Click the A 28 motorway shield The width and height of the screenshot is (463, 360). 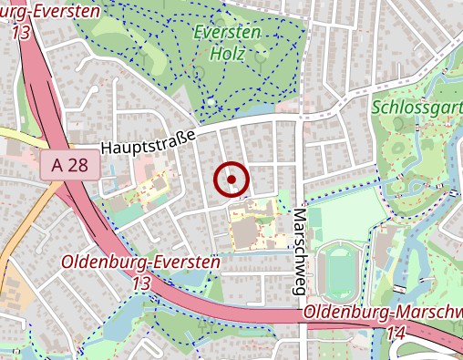[x=69, y=166]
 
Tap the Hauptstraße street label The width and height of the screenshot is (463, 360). [x=149, y=144]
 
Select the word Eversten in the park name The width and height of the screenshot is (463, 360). [x=227, y=32]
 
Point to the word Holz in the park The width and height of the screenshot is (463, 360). [x=228, y=53]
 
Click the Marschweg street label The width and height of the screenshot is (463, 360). [x=297, y=251]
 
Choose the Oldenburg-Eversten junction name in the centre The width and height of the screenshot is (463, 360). [x=141, y=262]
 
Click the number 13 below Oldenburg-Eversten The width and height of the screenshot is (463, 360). [x=141, y=283]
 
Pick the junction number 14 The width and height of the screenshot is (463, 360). [x=396, y=334]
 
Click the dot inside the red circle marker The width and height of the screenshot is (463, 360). [x=232, y=180]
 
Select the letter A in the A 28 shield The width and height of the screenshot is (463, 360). [x=58, y=166]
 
